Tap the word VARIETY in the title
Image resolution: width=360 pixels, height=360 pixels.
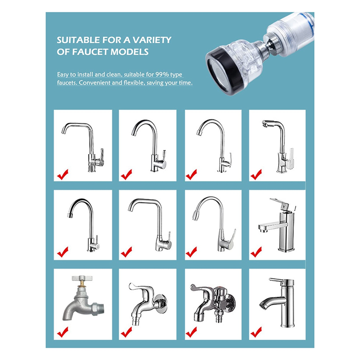coord(152,40)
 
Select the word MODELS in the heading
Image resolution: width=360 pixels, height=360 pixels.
coord(130,52)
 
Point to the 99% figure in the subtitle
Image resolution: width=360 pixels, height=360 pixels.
coord(162,74)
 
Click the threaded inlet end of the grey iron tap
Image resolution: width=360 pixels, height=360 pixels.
coord(99,309)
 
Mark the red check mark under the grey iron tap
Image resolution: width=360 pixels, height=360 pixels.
coord(63,332)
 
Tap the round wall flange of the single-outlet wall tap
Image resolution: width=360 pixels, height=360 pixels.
coord(161,304)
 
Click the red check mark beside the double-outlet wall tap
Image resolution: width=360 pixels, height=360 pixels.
coord(191,332)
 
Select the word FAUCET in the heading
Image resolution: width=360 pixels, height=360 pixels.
coord(90,52)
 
